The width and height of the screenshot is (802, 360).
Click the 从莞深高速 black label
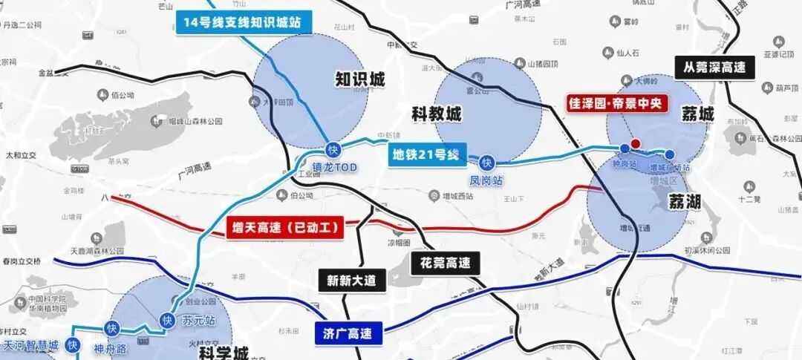(714, 68)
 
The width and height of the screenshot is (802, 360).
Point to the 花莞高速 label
(445, 262)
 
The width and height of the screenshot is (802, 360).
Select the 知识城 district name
(360, 79)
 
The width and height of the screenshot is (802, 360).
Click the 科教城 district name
(436, 114)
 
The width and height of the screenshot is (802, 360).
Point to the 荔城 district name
(697, 114)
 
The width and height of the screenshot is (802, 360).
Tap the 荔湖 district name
(683, 201)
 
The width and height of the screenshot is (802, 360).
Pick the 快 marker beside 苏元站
(166, 320)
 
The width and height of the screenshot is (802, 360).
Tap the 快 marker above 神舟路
(112, 328)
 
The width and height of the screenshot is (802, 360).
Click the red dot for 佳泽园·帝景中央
(635, 144)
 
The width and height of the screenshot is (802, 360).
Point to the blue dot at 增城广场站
(670, 154)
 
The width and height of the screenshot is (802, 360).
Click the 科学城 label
(224, 353)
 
